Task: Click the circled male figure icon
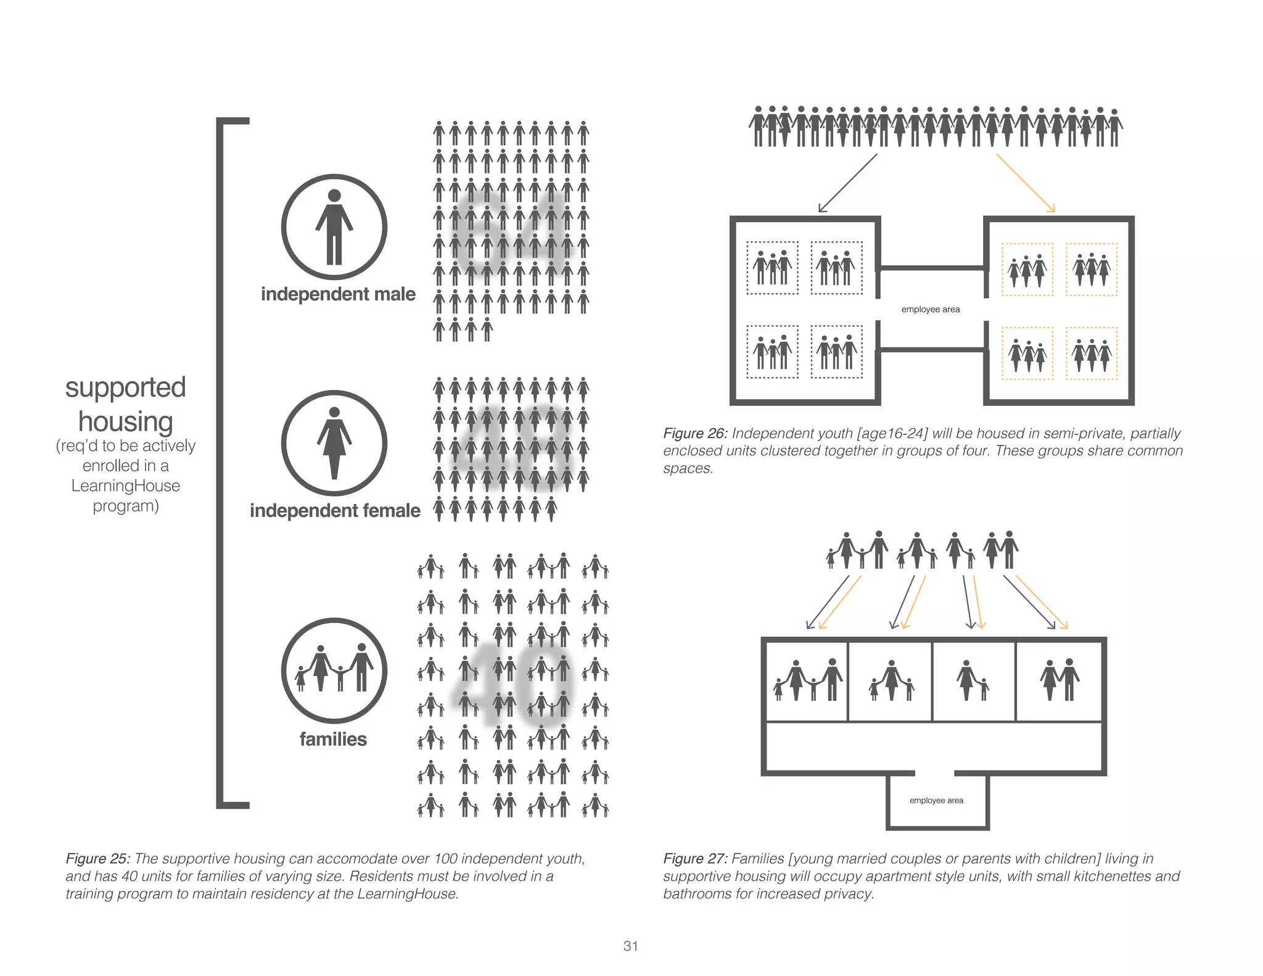point(334,227)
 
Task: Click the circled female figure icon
point(334,443)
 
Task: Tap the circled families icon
point(334,671)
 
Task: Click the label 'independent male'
point(338,294)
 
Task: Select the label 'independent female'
point(335,511)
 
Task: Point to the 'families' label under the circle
point(333,739)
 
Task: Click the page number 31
point(630,946)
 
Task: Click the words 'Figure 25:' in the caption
point(97,859)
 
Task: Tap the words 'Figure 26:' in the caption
point(695,434)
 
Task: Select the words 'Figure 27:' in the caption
point(695,859)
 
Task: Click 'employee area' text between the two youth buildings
point(930,310)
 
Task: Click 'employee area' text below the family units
point(936,801)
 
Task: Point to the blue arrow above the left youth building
point(847,183)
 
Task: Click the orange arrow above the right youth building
point(1026,183)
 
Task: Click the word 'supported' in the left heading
point(125,388)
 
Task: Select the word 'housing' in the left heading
point(125,422)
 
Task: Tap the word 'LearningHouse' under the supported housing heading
point(125,486)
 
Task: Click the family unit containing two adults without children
point(1059,681)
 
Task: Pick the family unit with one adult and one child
point(973,681)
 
